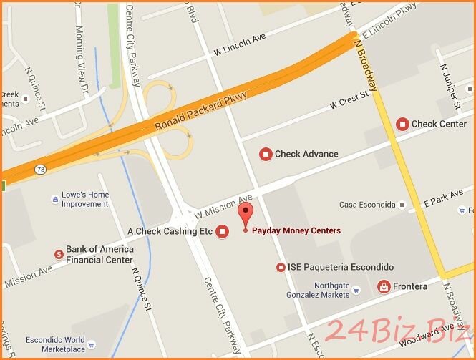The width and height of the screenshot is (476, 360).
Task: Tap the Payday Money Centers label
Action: (x=296, y=230)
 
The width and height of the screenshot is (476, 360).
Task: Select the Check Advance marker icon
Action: (x=266, y=154)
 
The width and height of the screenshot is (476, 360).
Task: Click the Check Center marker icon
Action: (x=402, y=124)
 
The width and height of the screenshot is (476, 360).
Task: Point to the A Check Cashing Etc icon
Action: (x=222, y=231)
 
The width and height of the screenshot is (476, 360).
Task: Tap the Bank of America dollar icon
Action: (x=59, y=253)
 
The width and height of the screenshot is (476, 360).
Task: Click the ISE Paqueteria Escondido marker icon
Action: (x=281, y=267)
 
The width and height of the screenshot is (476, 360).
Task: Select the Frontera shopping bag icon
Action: (x=384, y=286)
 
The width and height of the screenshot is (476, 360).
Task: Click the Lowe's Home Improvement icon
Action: (x=54, y=199)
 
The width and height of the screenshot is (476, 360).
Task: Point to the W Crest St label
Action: (x=349, y=100)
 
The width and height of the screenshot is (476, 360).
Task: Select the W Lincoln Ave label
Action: (x=240, y=47)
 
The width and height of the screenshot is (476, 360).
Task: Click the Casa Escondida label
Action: (x=367, y=205)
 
